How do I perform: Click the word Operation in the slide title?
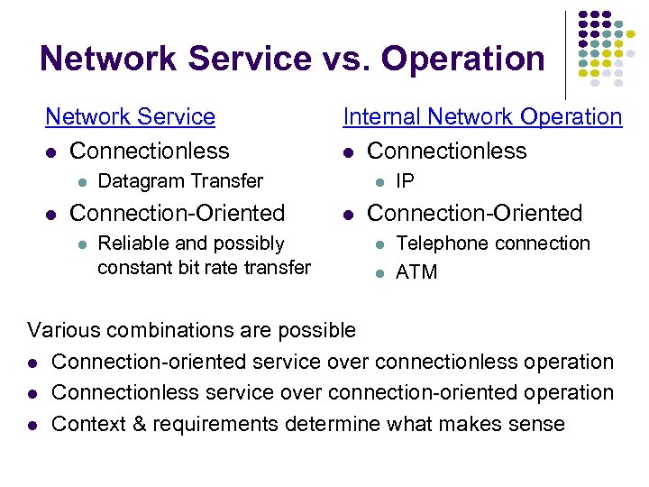coord(463,60)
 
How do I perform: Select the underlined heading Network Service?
coord(130,117)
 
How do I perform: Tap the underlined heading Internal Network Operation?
coord(482,117)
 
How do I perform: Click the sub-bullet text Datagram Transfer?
coord(179,181)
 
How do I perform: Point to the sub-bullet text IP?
coord(405,181)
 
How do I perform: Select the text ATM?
coord(416,271)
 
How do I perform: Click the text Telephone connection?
coord(492,243)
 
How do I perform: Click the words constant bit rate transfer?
coord(204,267)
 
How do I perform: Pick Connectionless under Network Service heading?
coord(149,151)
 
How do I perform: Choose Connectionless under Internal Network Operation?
coord(446,151)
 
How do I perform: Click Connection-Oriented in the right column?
coord(474,213)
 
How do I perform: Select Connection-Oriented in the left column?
coord(177,213)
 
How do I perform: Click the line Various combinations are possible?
coord(191,330)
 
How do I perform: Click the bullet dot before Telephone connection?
coord(379,244)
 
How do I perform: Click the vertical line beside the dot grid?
coord(565,54)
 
